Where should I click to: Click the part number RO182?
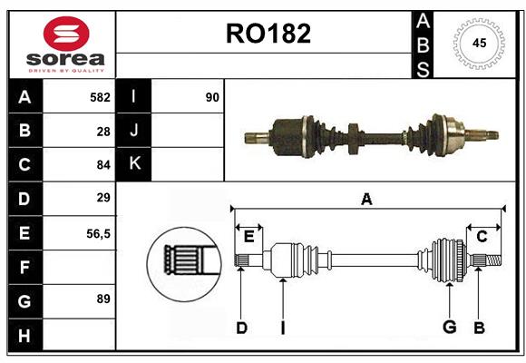click(268, 34)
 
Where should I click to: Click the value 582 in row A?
click(100, 97)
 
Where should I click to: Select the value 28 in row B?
click(103, 132)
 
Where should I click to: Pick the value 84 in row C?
click(102, 165)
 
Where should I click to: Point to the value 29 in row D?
click(103, 198)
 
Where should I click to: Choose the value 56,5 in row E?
click(98, 233)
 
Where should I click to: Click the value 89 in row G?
click(102, 299)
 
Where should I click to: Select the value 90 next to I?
click(212, 97)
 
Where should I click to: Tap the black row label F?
click(24, 267)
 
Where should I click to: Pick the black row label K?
click(134, 164)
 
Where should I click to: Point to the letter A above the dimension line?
click(366, 199)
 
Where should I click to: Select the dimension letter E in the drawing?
click(248, 236)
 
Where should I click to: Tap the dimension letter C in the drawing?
click(482, 236)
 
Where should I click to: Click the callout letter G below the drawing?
click(448, 328)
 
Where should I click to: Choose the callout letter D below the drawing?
click(241, 328)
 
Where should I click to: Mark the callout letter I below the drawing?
click(282, 328)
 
